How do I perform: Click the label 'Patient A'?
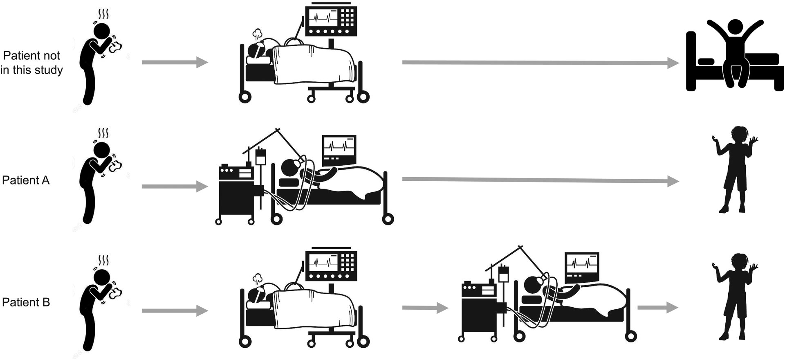point(26,180)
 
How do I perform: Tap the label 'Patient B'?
point(26,302)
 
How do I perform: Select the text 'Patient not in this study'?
point(31,63)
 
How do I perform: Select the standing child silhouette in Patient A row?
point(735,169)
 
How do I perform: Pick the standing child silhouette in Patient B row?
point(735,297)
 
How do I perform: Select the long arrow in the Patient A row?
point(541,180)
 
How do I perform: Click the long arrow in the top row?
point(541,63)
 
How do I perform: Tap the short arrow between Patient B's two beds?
point(425,308)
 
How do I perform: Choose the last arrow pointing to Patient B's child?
point(658,307)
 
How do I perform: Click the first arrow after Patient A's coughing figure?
point(175,187)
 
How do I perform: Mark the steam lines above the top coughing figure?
point(103,15)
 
